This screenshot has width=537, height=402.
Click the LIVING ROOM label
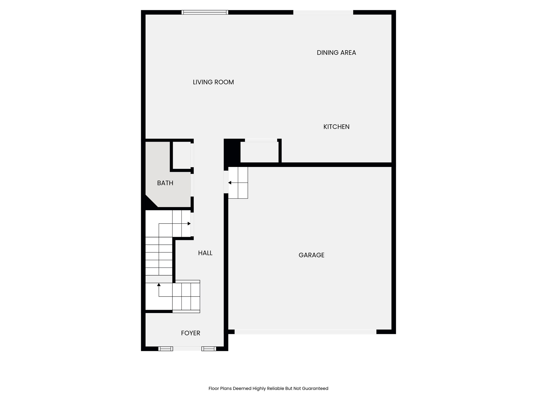tap(213, 82)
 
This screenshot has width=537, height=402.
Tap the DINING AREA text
tap(336, 53)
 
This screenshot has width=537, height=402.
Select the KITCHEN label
tap(336, 127)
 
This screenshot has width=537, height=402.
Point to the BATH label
tap(165, 183)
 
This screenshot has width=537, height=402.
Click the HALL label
tap(205, 253)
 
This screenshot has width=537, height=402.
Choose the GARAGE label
tap(311, 255)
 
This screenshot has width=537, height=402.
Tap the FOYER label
tap(190, 333)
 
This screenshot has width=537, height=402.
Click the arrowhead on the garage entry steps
tap(230, 183)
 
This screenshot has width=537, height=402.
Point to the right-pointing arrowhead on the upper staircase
tap(189, 224)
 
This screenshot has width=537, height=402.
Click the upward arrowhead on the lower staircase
tap(159, 284)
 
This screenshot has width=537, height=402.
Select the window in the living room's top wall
tap(205, 12)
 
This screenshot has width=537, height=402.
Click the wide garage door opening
tap(305, 332)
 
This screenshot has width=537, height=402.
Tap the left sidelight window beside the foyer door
tap(165, 349)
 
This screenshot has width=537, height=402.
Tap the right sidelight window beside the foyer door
tap(209, 349)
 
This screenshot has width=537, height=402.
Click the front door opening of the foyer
tap(187, 349)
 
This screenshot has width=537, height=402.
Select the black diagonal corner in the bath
tap(149, 203)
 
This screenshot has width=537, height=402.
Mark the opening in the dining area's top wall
tap(323, 12)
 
